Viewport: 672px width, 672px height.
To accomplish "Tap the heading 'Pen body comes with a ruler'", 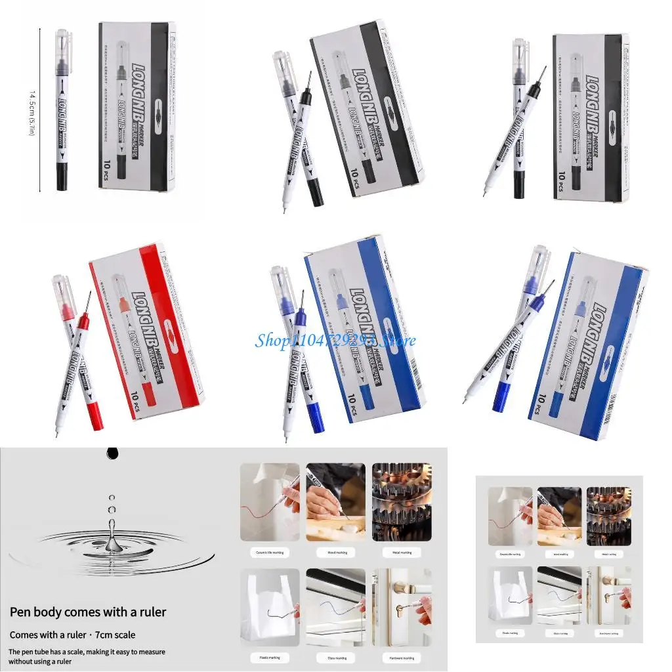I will (88, 612).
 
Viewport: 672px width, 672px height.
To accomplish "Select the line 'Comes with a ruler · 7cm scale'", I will (72, 635).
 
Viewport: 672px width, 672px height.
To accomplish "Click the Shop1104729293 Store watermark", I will (335, 341).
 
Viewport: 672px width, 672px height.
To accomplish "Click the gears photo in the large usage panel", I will (402, 502).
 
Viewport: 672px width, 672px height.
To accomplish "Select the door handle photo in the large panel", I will (402, 606).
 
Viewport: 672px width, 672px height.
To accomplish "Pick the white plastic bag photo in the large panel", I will (270, 606).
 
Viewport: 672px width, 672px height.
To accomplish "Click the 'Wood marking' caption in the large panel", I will (335, 553).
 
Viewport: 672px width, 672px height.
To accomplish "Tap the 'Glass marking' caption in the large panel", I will (335, 657).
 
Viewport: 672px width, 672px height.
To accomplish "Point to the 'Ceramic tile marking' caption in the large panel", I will (270, 553).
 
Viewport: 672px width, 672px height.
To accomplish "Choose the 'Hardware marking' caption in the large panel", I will (402, 657).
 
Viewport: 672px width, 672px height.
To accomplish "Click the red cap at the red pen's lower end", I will (94, 415).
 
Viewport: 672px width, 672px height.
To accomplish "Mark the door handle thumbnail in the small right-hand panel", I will (608, 595).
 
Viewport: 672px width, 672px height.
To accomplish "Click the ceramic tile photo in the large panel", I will (270, 502).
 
